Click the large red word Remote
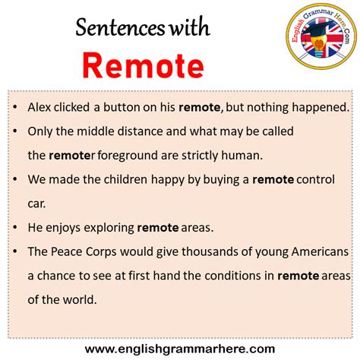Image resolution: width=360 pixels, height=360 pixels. (x=144, y=65)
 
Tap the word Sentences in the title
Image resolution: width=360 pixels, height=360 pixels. (x=120, y=27)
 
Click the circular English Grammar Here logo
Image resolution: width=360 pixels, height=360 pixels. (x=321, y=36)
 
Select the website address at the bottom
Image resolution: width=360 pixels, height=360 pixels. (x=180, y=349)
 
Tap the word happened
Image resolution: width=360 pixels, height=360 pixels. (x=321, y=108)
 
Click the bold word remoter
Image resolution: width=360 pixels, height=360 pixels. (x=72, y=156)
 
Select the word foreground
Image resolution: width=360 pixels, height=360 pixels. (x=128, y=156)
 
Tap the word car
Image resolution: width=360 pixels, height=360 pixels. (x=36, y=204)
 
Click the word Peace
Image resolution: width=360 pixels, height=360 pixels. (x=66, y=252)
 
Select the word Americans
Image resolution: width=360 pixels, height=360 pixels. (x=320, y=252)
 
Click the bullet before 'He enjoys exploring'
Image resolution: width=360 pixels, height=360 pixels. (x=15, y=228)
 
